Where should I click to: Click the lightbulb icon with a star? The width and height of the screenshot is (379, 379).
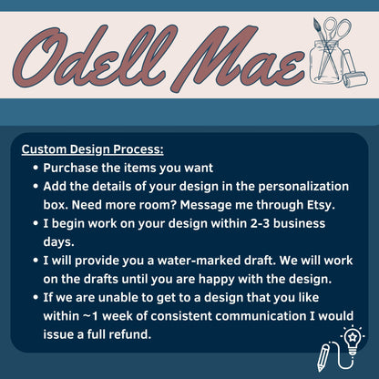[352, 339]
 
